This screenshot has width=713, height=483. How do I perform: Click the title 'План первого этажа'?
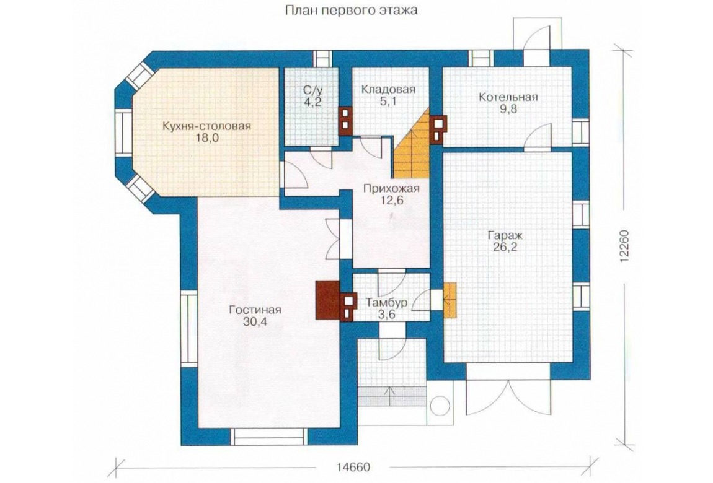[351, 10]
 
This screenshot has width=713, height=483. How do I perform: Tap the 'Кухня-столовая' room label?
[207, 126]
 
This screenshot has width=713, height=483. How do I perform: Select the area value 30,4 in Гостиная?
[255, 322]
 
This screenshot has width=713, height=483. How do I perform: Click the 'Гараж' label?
[505, 235]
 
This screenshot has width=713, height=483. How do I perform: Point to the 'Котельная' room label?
[508, 97]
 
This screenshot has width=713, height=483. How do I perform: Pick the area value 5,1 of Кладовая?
[388, 101]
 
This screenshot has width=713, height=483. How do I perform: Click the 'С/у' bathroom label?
[313, 89]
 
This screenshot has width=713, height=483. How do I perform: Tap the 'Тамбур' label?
[386, 302]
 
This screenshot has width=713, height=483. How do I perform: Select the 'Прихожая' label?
[391, 188]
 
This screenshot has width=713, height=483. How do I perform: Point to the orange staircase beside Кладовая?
[412, 144]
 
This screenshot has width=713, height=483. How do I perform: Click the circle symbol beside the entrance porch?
[440, 406]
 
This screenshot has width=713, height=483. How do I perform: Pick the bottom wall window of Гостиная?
[269, 437]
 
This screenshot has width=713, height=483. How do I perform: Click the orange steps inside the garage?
[449, 300]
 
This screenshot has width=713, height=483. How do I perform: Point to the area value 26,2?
[505, 248]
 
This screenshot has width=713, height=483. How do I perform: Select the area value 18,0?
[206, 137]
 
